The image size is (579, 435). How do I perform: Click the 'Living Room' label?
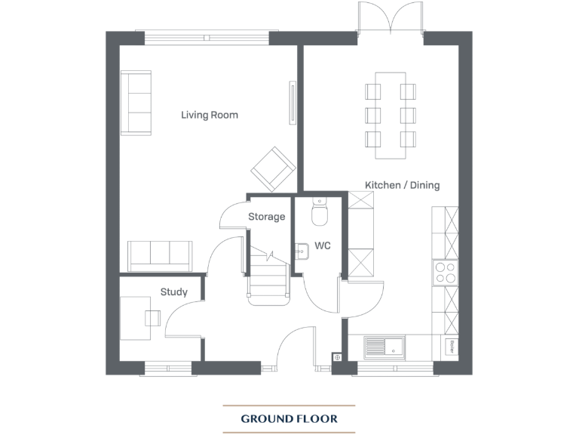click(209, 115)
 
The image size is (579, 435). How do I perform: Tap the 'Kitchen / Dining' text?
click(402, 185)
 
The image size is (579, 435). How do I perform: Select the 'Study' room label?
click(173, 292)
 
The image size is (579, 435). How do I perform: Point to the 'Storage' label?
click(267, 217)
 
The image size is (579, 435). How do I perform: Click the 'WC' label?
click(323, 246)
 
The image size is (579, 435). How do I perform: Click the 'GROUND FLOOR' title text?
click(289, 418)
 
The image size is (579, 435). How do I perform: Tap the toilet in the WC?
click(320, 213)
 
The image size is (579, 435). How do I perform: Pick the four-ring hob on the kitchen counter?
click(446, 272)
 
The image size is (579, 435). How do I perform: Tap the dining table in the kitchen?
click(391, 115)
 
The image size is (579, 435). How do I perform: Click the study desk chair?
click(154, 317)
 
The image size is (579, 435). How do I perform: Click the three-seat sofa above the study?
click(159, 255)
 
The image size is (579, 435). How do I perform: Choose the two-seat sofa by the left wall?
click(136, 103)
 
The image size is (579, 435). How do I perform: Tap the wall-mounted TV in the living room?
click(292, 103)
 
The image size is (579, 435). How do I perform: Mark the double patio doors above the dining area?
click(390, 19)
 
